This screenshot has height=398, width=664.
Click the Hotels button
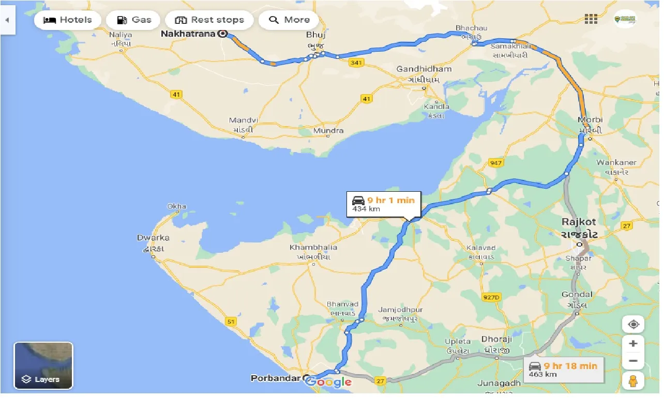[67, 20]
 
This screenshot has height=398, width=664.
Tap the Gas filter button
[133, 20]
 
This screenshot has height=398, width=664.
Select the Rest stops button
[209, 20]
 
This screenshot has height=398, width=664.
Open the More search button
[290, 20]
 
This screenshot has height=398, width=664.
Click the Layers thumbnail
[43, 365]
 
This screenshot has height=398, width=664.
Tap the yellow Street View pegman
[633, 381]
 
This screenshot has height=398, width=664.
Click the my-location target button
[633, 325]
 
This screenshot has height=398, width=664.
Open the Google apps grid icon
[591, 19]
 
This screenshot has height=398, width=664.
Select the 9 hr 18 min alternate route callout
[563, 370]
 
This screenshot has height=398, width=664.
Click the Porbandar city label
[276, 378]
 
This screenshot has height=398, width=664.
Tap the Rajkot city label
[579, 222]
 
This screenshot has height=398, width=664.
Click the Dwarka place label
[153, 238]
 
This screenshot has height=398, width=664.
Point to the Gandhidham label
[424, 69]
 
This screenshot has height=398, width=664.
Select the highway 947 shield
[495, 163]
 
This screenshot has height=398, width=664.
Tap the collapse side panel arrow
[7, 20]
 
